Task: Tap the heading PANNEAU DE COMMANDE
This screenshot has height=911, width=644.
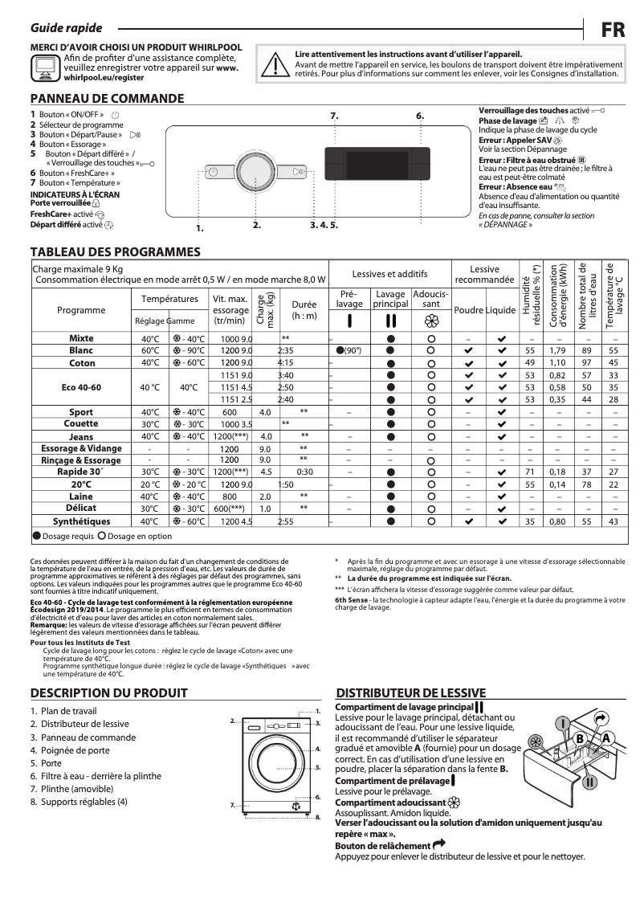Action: pos(107,99)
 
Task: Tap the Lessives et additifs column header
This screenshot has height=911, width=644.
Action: pos(389,274)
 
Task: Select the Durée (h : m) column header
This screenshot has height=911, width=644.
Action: pos(304,310)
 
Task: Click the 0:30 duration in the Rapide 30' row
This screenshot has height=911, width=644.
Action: pos(304,472)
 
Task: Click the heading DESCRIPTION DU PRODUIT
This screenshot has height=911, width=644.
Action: pos(108,693)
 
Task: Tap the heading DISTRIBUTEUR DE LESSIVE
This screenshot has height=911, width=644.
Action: pos(410,693)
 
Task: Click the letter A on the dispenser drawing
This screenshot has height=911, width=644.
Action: pos(606,738)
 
